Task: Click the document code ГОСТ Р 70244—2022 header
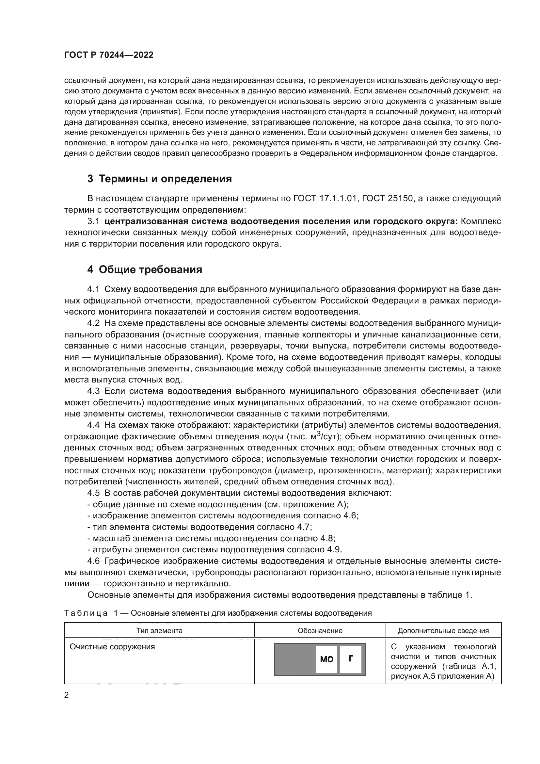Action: click(x=109, y=55)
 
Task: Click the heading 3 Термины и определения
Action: click(x=159, y=179)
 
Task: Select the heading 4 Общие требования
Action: click(x=145, y=269)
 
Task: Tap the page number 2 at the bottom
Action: click(x=66, y=695)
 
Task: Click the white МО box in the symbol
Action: click(x=326, y=659)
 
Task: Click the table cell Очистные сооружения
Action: click(x=112, y=647)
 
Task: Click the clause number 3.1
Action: click(x=93, y=221)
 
